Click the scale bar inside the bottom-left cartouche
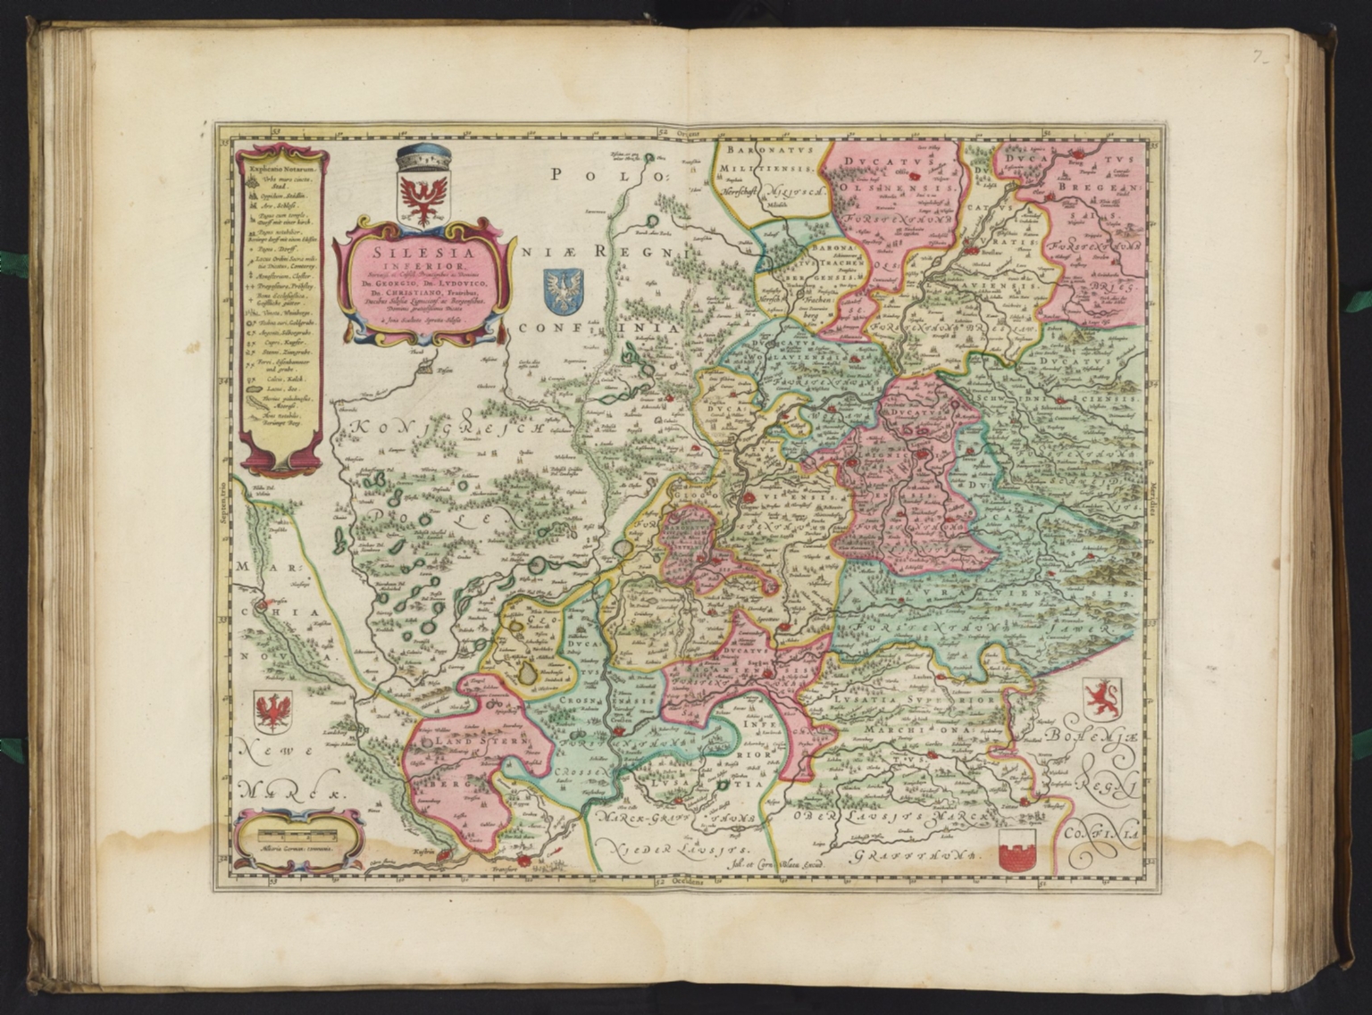295,834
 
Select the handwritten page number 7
1259,57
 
